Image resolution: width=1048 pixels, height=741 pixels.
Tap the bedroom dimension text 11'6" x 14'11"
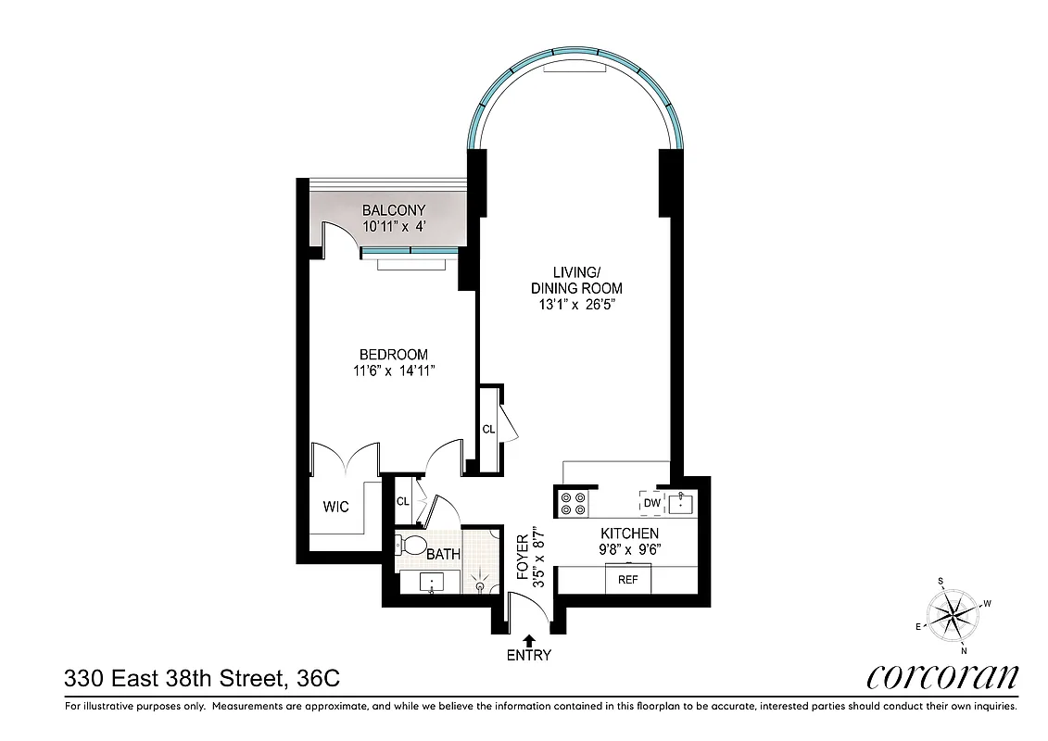coord(394,371)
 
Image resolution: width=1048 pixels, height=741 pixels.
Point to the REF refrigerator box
coord(627,580)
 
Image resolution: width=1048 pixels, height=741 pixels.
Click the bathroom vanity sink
coord(433,583)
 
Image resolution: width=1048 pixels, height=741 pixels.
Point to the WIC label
coord(335,508)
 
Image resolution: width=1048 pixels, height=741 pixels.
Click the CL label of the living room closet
coord(487,429)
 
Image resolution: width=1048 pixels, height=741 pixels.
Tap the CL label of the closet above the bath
coord(402,501)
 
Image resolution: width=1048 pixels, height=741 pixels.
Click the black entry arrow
coord(529,638)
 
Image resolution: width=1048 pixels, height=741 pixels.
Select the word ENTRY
coord(529,656)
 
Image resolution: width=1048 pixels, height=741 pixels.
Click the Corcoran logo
coord(942,677)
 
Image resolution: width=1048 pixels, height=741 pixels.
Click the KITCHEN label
coord(629,534)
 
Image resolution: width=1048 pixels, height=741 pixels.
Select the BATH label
coord(444,555)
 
